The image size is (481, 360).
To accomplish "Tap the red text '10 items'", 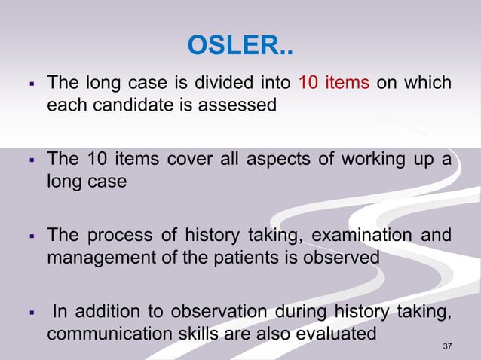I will click(334, 82).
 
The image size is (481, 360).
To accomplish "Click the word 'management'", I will click(97, 258).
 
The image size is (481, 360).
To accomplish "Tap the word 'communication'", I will click(102, 334).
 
